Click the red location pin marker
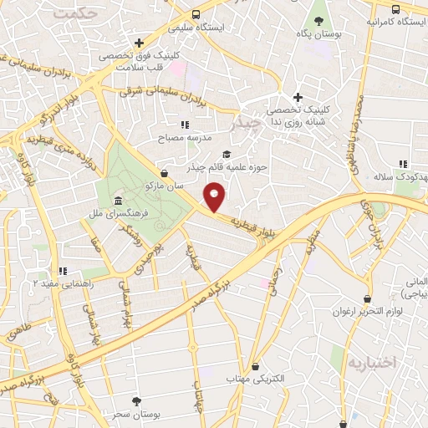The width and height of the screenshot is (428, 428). click(216, 197)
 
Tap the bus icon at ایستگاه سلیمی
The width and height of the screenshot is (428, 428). click(196, 14)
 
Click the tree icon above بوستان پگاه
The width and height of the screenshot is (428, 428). click(317, 19)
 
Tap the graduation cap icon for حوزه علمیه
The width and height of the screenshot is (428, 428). click(226, 154)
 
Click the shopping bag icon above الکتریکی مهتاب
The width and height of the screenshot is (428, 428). click(255, 366)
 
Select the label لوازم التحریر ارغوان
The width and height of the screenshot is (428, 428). click(368, 312)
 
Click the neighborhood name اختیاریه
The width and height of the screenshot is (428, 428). click(369, 364)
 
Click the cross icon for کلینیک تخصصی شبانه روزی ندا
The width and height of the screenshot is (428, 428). click(298, 98)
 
